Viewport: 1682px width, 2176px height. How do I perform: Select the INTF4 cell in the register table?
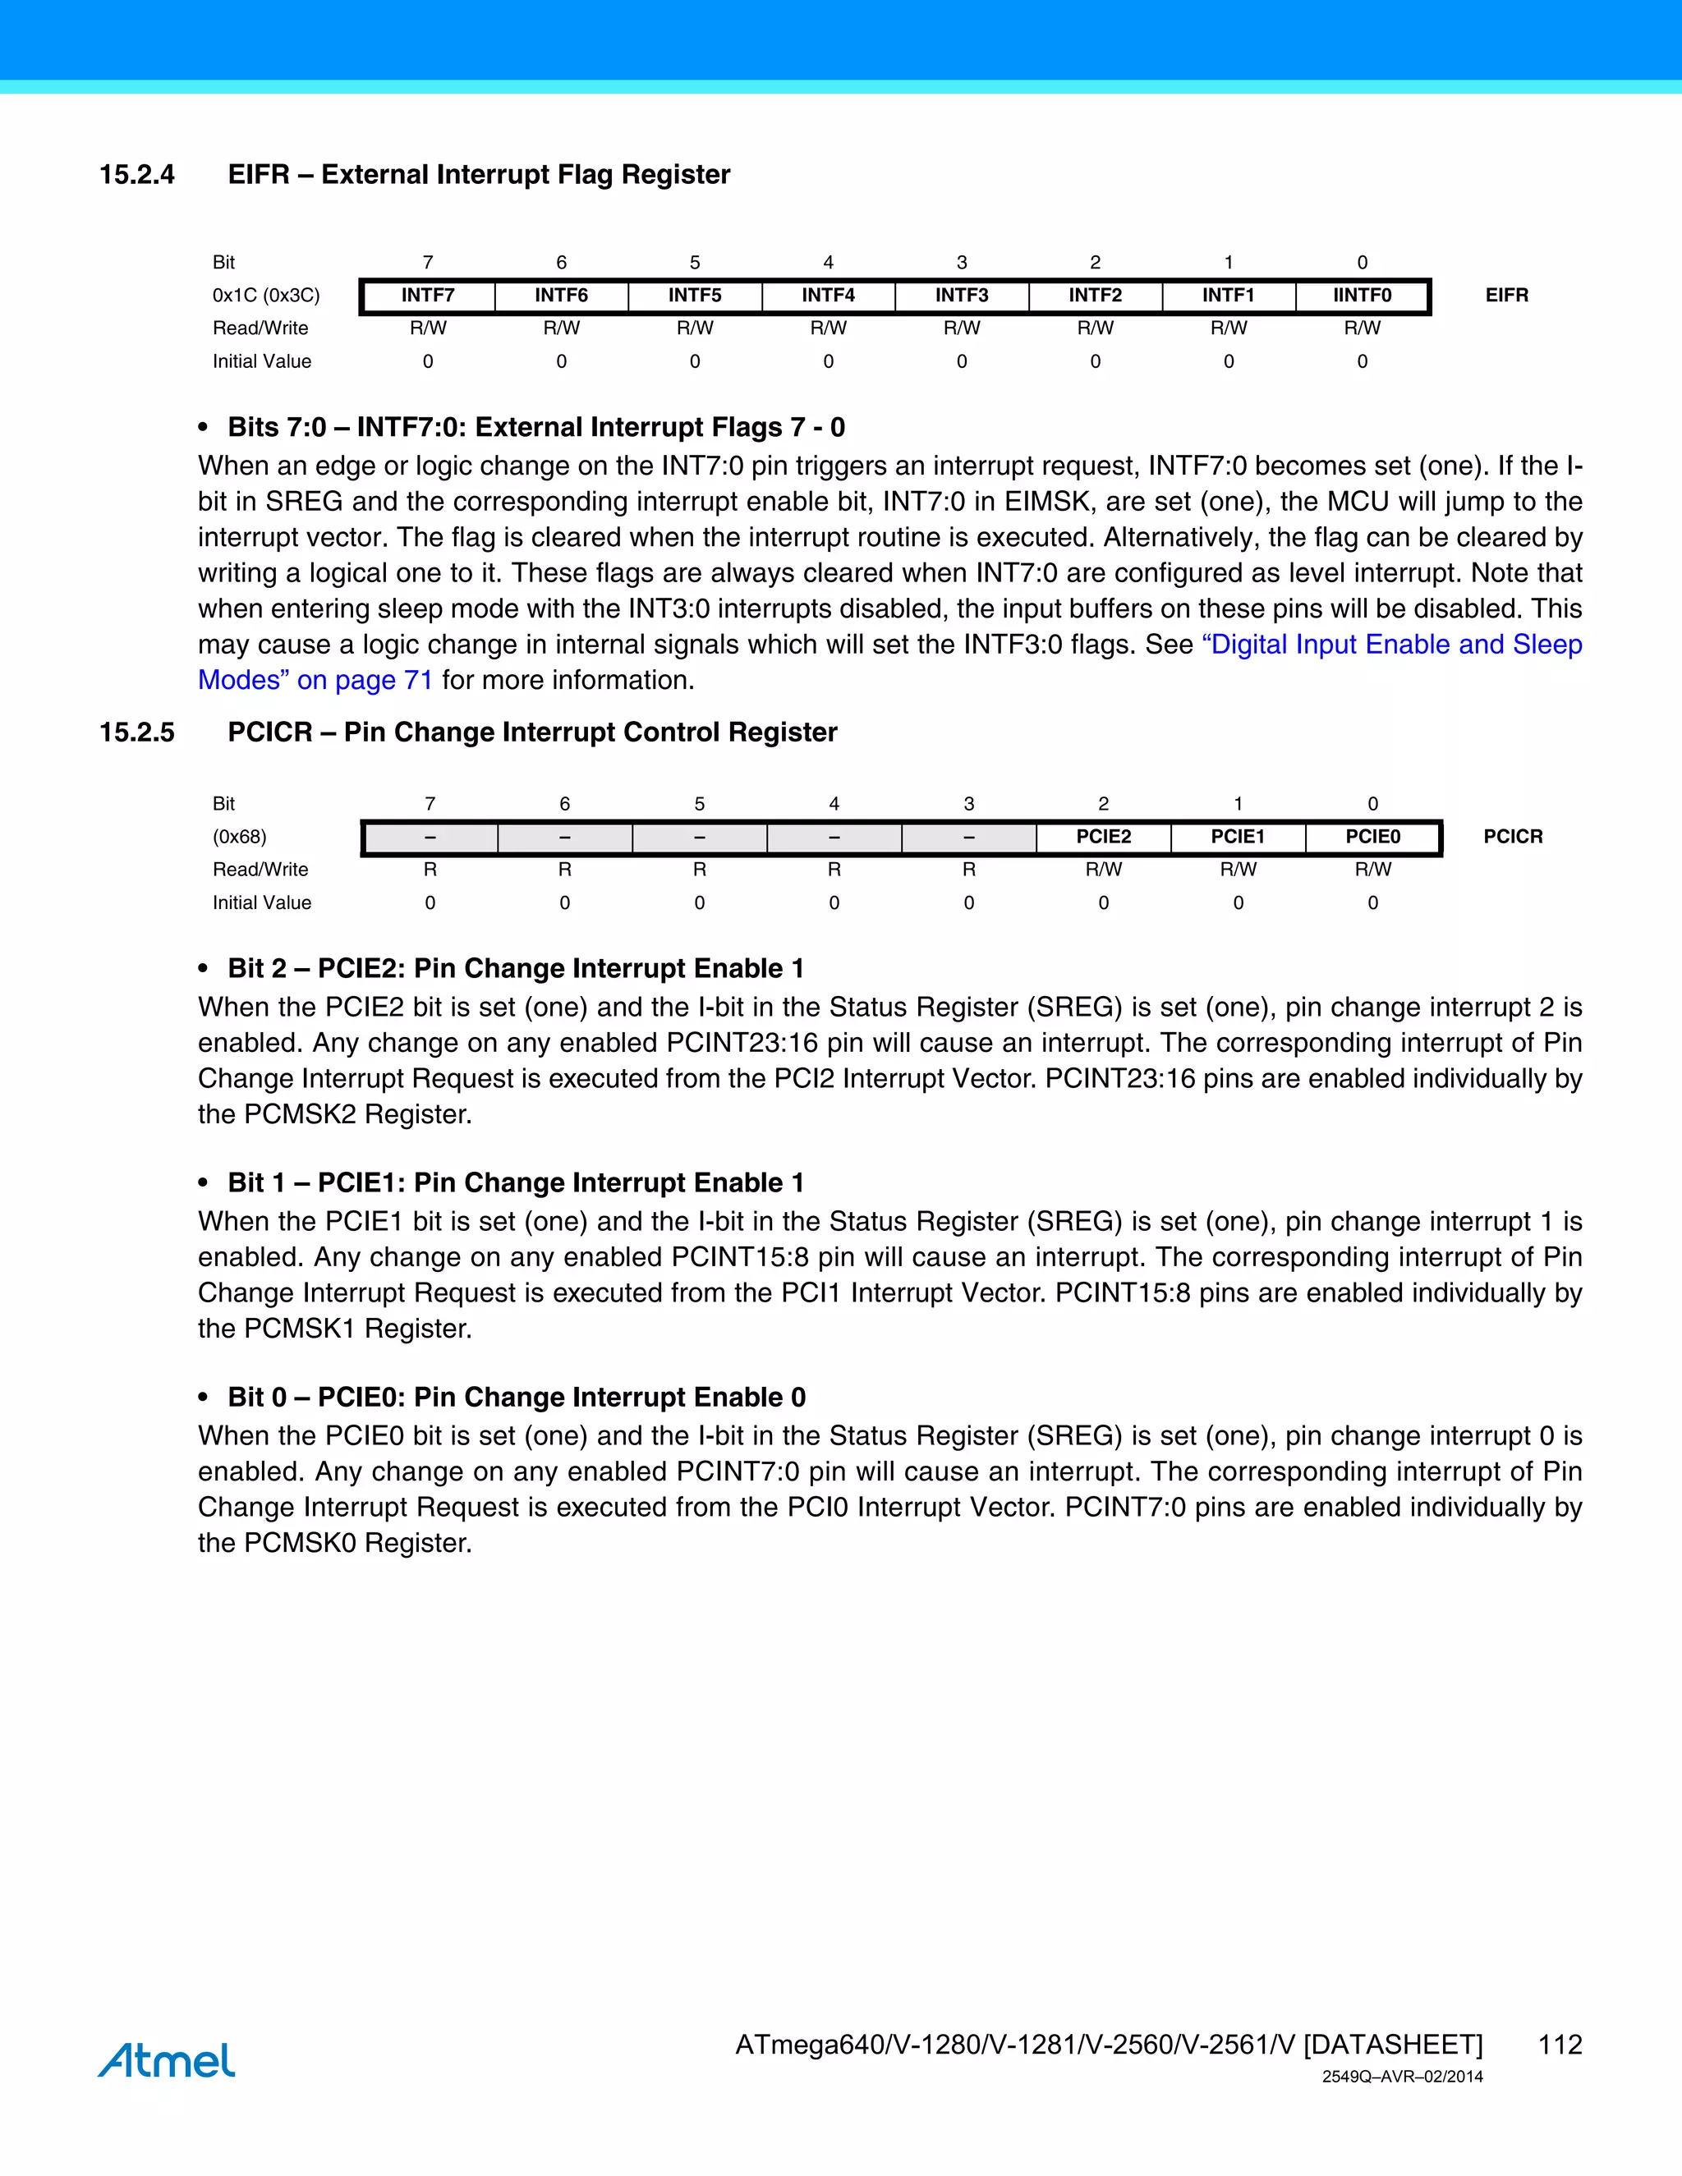[828, 295]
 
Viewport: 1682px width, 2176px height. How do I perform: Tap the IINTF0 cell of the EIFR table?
[1363, 295]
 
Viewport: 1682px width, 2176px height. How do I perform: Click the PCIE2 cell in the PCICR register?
[1103, 837]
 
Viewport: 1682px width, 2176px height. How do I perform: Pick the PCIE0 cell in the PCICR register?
[1372, 837]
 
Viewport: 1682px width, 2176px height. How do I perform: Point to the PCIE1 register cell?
[1238, 837]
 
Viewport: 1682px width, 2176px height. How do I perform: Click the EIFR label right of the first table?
[1505, 295]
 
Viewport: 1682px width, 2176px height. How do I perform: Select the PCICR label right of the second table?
[1512, 837]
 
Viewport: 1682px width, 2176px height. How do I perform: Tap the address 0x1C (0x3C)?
[266, 295]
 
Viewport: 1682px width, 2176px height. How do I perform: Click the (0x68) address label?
[239, 837]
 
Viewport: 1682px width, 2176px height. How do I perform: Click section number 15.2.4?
[136, 174]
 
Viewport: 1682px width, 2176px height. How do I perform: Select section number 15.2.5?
[136, 732]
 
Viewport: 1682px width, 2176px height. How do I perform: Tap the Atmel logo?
[167, 2059]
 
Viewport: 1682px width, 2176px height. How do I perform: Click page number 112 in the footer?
[1560, 2045]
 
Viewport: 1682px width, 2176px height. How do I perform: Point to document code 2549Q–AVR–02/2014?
[1402, 2077]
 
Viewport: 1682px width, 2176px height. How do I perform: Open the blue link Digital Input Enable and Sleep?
[1392, 645]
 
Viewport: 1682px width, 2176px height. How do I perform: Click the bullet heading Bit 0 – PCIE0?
[516, 1397]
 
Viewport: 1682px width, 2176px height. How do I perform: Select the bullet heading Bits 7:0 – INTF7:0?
[536, 428]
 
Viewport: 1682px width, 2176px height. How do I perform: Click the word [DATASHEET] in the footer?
[1393, 2045]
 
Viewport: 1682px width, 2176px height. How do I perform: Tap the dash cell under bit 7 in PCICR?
[430, 837]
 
